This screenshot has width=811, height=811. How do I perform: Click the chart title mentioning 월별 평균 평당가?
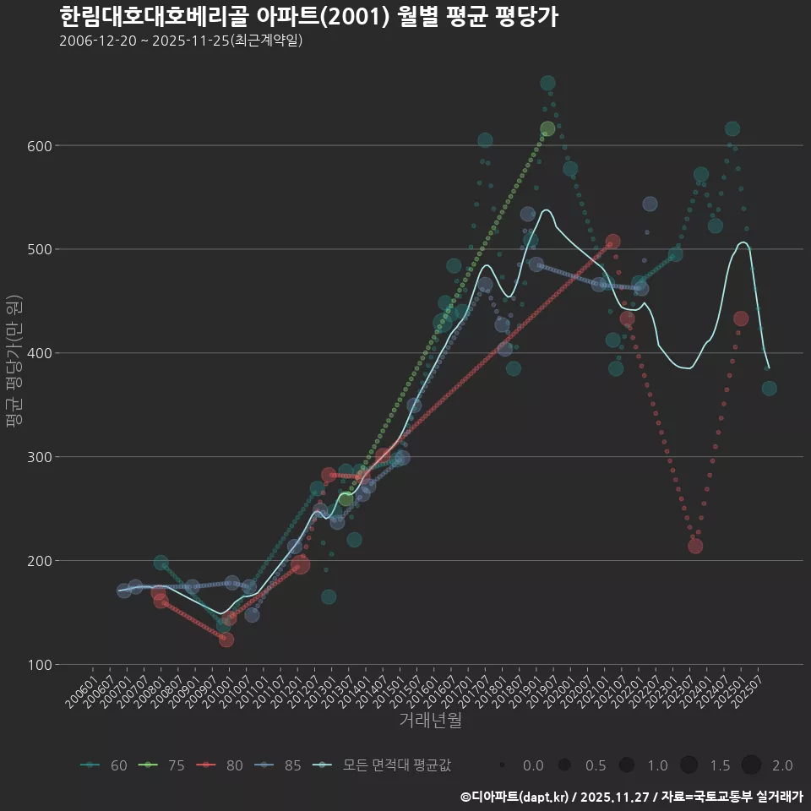(x=308, y=17)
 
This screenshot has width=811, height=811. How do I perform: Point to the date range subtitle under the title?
(x=181, y=41)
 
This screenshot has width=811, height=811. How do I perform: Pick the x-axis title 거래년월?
(x=430, y=721)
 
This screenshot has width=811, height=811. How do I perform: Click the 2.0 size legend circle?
(x=751, y=765)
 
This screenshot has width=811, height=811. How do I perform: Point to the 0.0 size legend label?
(x=533, y=765)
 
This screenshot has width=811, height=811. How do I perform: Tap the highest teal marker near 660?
(x=547, y=83)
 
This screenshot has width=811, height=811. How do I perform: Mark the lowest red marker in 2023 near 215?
(x=695, y=546)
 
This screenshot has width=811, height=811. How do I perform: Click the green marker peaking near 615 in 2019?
(x=547, y=129)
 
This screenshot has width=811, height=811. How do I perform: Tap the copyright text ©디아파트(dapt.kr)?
(x=516, y=797)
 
